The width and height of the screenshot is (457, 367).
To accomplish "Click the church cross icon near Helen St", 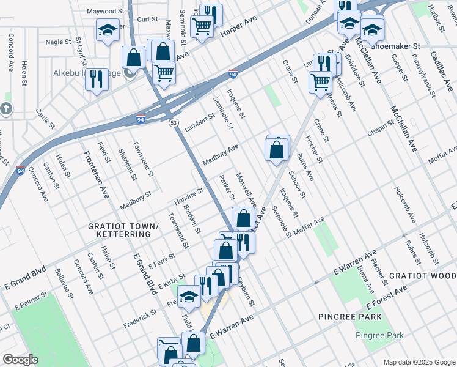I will (x=6, y=109).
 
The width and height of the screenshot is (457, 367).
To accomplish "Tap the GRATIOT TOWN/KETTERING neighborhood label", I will (x=123, y=231).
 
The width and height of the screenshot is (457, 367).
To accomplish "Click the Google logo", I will (x=20, y=360).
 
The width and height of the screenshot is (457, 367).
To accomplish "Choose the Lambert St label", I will (x=200, y=122).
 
